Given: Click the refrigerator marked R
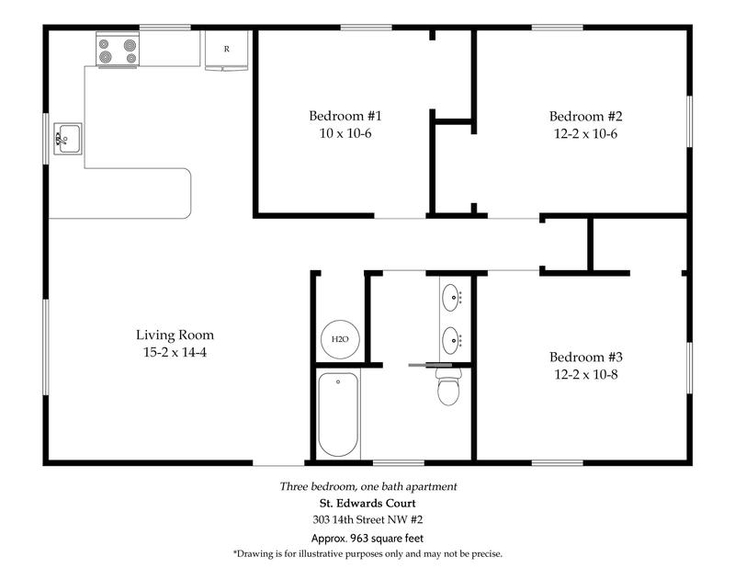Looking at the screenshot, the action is tap(226, 51).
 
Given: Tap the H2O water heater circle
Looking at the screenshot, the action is tap(340, 339).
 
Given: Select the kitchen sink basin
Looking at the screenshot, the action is tap(68, 139).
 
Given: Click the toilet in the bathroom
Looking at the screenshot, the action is tap(448, 386).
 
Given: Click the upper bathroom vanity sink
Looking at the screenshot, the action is tap(451, 298).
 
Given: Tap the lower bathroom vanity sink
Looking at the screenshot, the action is tap(451, 340).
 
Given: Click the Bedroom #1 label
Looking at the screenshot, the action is tap(345, 116).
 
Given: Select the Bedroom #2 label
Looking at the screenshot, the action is tap(586, 117).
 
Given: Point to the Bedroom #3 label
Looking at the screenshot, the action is tap(586, 357).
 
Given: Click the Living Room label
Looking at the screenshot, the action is tap(175, 335).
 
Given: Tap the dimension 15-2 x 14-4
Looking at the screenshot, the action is tap(175, 352).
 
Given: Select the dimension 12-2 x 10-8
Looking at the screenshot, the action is tap(586, 374).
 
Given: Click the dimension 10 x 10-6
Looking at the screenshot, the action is tap(345, 133).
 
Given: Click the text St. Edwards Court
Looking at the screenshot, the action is tap(367, 504).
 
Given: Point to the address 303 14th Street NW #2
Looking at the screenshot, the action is tap(367, 519).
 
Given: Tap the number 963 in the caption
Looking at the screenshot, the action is tap(360, 539).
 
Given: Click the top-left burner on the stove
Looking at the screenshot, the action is tap(104, 44).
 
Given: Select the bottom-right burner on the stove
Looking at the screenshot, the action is tap(131, 58).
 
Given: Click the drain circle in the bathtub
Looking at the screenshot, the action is tap(338, 381).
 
